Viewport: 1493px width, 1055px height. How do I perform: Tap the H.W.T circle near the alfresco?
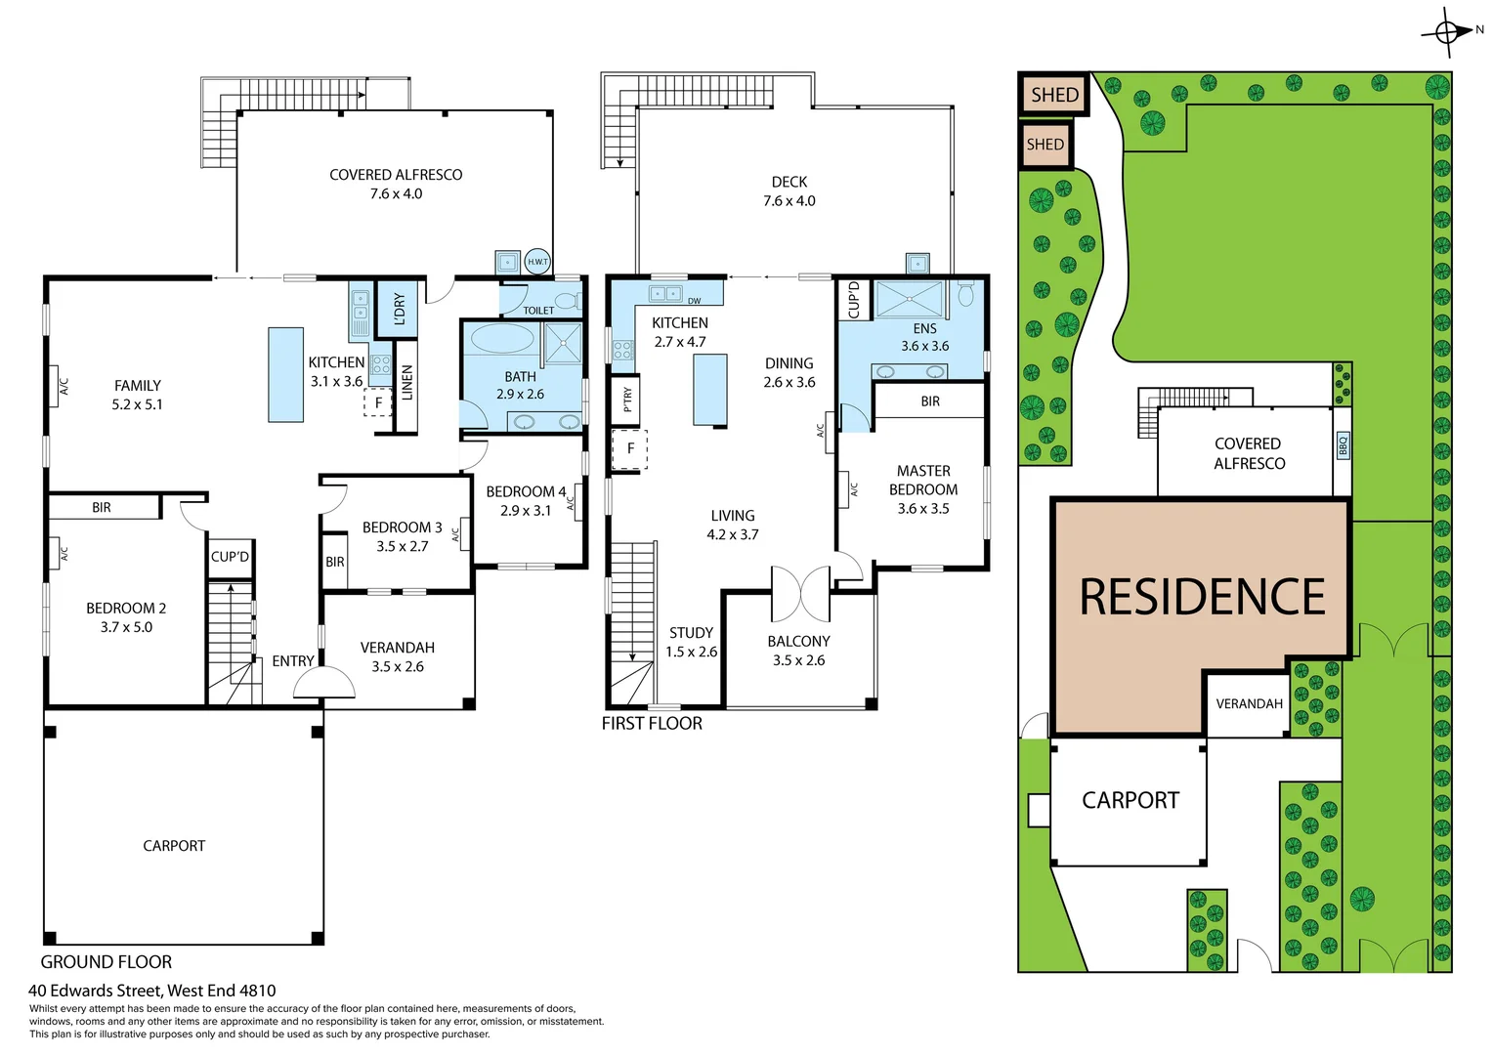tap(537, 262)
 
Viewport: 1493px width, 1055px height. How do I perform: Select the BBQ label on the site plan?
tap(1343, 445)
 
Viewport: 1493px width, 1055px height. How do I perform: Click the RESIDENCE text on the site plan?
tap(1202, 597)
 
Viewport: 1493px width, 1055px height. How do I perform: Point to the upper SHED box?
tap(1054, 95)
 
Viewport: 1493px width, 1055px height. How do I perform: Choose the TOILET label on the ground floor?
tap(538, 311)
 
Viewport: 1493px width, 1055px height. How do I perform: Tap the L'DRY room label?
tap(399, 309)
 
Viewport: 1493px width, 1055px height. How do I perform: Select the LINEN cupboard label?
tap(407, 383)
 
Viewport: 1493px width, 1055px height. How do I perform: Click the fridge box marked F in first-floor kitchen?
tap(630, 449)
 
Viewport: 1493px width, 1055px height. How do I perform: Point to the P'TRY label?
tap(626, 399)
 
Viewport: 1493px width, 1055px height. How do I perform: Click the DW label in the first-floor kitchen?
tap(694, 301)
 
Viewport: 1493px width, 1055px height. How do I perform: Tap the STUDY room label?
tap(691, 633)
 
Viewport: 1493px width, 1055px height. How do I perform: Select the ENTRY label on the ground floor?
tap(293, 661)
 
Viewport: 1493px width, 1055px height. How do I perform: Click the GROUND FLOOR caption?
tap(106, 962)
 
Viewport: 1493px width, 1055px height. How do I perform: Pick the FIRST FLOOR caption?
tap(652, 724)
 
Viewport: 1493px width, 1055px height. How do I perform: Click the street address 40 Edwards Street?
tap(152, 991)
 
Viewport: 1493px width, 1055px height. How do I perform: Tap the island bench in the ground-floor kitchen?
tap(286, 374)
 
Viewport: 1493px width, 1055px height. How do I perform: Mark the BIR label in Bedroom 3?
tap(335, 562)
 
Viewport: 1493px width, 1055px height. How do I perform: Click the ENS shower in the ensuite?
tap(910, 299)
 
